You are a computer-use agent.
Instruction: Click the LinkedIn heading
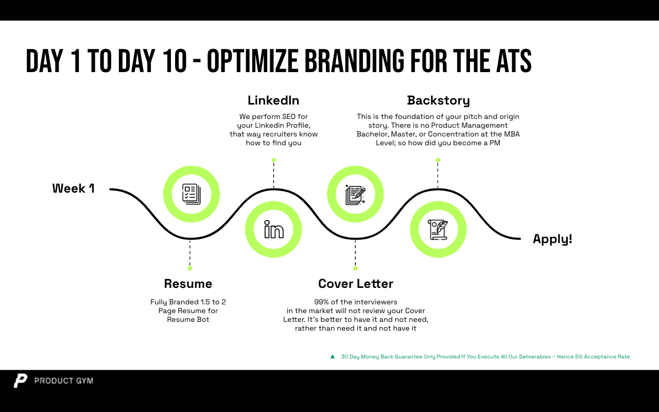pos(273,100)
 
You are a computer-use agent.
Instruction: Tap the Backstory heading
pos(438,101)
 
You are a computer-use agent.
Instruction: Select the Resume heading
pos(188,284)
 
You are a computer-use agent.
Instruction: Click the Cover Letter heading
pos(356,284)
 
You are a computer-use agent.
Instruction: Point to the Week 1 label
pos(74,188)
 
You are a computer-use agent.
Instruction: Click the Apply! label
pos(552,239)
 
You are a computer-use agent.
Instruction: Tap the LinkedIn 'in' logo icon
pos(274,229)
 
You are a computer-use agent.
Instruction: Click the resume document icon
pos(192,194)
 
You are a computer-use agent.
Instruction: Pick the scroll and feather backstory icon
pos(438,230)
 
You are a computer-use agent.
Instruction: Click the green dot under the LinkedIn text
pos(273,160)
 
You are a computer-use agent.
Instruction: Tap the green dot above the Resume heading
pos(190,268)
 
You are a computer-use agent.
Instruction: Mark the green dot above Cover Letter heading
pos(355,268)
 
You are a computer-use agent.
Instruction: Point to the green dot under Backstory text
pos(438,160)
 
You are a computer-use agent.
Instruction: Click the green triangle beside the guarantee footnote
pos(333,357)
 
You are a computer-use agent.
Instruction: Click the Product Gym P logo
pos(20,381)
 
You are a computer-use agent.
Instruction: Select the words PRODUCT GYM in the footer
pos(63,381)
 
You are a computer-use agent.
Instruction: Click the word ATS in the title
pos(514,61)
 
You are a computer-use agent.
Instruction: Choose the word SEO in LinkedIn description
pos(289,116)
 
